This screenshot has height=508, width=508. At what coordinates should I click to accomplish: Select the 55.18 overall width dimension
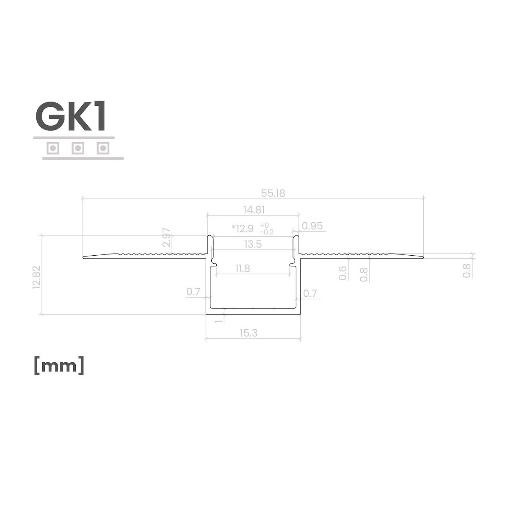coord(273,193)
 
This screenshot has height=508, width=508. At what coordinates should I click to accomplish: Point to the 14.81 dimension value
coord(254,210)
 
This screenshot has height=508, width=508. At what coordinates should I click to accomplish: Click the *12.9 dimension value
coord(243,228)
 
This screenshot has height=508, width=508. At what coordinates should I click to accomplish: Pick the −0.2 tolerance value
coord(267,232)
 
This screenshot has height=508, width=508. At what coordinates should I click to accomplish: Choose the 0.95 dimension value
coord(312,226)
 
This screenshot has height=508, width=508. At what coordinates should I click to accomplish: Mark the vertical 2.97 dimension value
coord(167,237)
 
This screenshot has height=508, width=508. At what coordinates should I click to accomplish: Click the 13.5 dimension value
coord(253,244)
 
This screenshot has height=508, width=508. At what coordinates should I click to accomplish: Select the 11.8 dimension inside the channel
coord(243,269)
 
